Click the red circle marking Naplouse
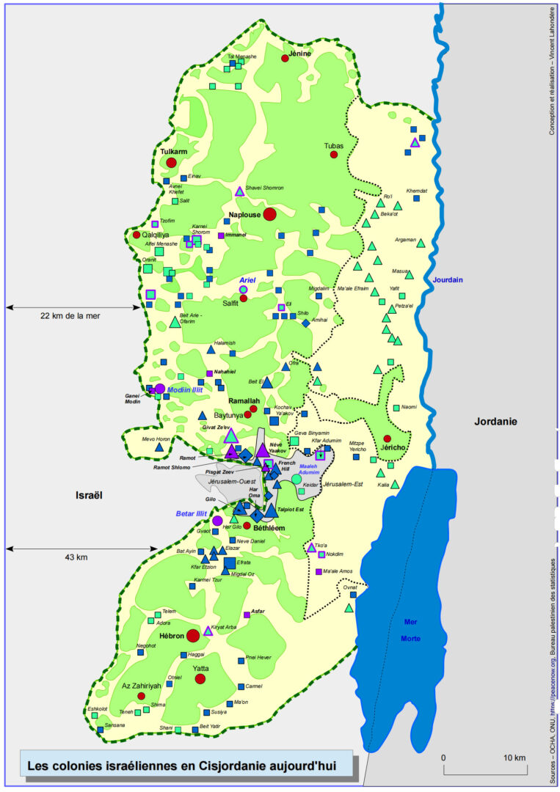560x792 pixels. click(269, 214)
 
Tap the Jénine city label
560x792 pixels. click(301, 54)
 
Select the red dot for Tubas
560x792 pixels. click(334, 155)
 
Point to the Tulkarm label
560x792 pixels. click(173, 152)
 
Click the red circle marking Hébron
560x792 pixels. click(193, 635)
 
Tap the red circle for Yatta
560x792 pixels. click(200, 678)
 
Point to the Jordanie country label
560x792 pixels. click(495, 422)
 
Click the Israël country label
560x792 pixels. click(89, 496)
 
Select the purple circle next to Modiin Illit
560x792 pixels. click(160, 389)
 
